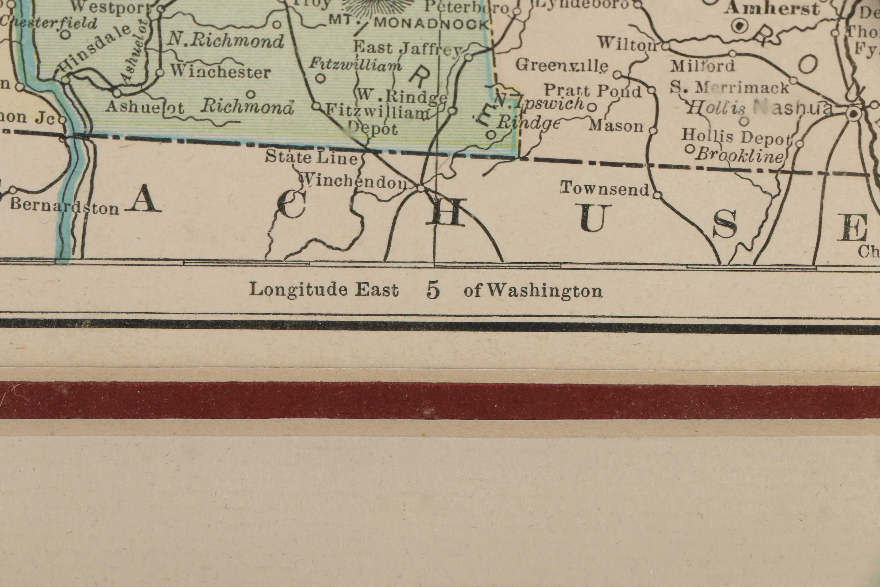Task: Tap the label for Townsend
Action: (604, 189)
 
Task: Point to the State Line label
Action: (311, 158)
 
